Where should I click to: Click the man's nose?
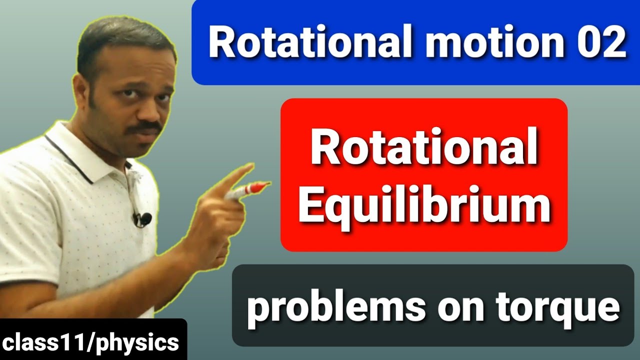coord(150,110)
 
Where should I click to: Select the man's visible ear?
coord(80,92)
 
